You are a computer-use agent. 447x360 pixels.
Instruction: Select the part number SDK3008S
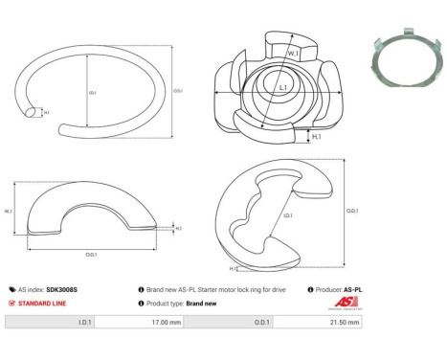point(64,288)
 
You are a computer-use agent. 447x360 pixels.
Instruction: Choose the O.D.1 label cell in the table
point(264,323)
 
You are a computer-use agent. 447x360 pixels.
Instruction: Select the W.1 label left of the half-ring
point(8,212)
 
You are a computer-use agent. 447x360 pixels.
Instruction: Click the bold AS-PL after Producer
point(353,288)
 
